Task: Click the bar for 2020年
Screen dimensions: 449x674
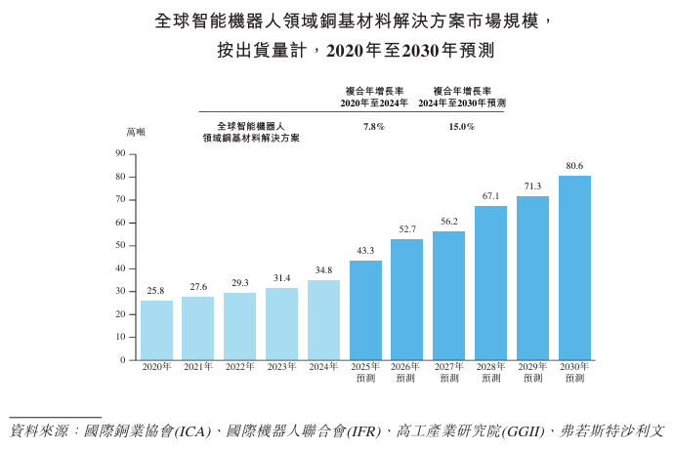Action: [156, 330]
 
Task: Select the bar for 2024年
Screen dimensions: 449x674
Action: [323, 320]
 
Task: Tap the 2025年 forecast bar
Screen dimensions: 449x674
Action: [365, 310]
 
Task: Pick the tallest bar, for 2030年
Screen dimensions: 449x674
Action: [574, 267]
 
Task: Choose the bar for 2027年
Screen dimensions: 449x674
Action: [448, 296]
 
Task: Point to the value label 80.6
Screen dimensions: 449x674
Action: [574, 166]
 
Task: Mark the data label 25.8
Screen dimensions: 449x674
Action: [156, 291]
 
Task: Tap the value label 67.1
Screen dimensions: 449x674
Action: [490, 196]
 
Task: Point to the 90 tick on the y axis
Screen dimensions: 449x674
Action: [120, 153]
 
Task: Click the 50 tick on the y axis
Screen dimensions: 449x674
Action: [120, 245]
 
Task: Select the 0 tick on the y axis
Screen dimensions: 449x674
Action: [123, 360]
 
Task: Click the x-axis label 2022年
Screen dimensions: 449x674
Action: [239, 367]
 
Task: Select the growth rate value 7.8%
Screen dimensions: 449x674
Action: [373, 127]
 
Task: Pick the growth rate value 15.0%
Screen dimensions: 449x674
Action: [462, 127]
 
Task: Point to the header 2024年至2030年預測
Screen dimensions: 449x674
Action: [462, 102]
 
